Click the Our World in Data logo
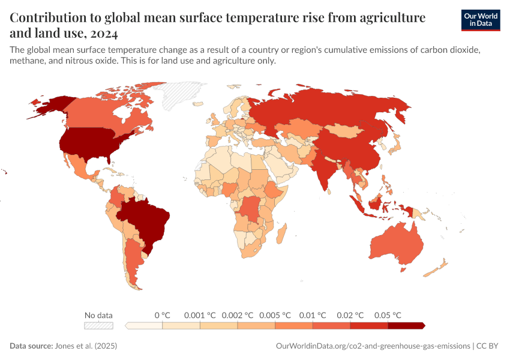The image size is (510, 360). (480, 20)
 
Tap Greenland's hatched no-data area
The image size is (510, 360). (174, 94)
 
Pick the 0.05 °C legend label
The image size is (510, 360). (388, 315)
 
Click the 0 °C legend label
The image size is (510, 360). (163, 315)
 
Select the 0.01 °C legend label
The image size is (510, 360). (313, 315)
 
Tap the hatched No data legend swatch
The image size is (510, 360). (98, 326)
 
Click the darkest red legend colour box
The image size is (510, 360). (406, 326)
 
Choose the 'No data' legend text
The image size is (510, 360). (98, 315)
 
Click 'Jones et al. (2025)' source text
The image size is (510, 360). (86, 346)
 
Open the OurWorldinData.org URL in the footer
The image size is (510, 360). (372, 346)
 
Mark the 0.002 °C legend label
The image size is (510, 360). (238, 315)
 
